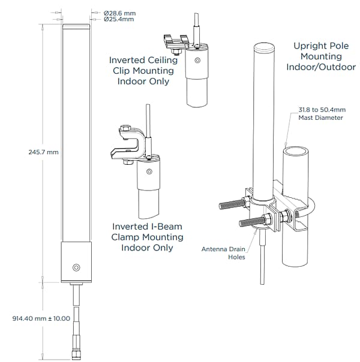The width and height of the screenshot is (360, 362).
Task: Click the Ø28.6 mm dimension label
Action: pyautogui.click(x=119, y=13)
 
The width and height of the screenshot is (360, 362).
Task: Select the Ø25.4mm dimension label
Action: pyautogui.click(x=119, y=19)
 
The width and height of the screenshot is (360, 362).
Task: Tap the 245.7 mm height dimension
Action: pyautogui.click(x=44, y=152)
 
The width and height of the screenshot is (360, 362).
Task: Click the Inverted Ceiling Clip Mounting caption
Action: pyautogui.click(x=142, y=70)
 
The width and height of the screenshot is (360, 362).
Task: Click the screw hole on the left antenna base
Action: pyautogui.click(x=76, y=267)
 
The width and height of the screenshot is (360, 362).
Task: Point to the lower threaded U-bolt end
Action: pyautogui.click(x=252, y=222)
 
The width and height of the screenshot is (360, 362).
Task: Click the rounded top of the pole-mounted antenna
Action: pyautogui.click(x=263, y=46)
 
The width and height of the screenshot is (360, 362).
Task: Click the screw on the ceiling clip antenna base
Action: pyautogui.click(x=197, y=61)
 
